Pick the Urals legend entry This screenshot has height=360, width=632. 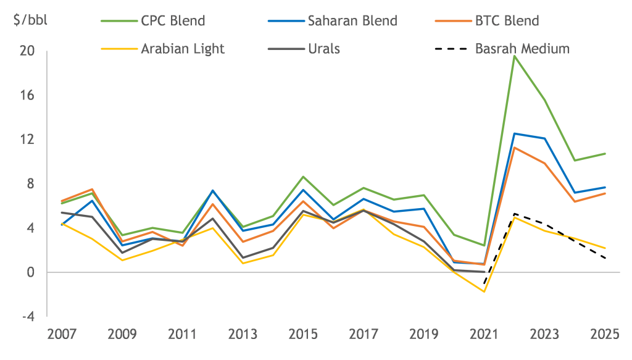[323, 48]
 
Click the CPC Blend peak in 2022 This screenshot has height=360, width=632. [515, 56]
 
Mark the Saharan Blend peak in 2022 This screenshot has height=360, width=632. [515, 133]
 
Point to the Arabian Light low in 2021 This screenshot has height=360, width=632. [483, 291]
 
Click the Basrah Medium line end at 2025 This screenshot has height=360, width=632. [605, 258]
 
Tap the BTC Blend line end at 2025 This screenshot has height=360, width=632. [605, 193]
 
